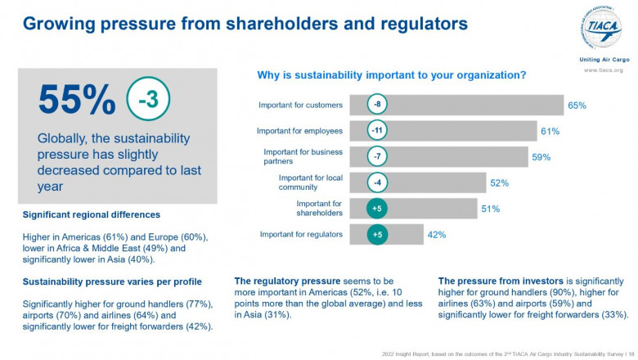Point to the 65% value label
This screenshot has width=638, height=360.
(577, 106)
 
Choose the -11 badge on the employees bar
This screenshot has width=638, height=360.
(377, 131)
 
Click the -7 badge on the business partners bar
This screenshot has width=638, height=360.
(377, 156)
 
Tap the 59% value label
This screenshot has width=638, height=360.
(541, 157)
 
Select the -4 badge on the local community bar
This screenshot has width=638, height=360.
(377, 182)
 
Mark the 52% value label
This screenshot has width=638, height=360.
(499, 183)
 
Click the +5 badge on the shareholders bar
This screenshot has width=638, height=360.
(377, 209)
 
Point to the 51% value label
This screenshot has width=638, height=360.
(490, 209)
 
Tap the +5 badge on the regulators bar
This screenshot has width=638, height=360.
(377, 235)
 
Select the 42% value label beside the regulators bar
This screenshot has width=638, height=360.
(436, 235)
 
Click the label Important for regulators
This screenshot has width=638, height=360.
(300, 235)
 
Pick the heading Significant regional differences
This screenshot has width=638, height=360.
(92, 215)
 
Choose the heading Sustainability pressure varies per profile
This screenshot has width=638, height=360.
(114, 282)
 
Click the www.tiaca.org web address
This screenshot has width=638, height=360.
(603, 70)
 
